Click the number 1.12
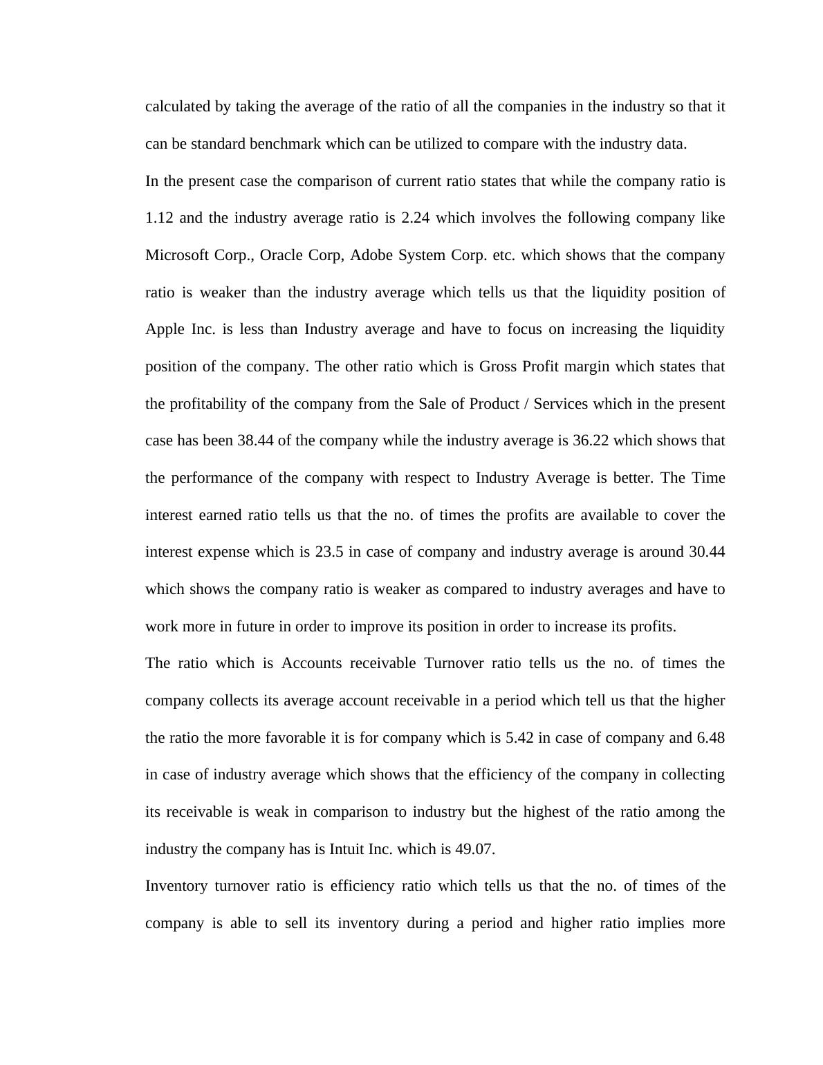(160, 219)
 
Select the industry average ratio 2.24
(416, 219)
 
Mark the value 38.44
(255, 441)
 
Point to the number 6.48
(710, 738)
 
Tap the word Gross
(499, 367)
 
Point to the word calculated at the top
(178, 107)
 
